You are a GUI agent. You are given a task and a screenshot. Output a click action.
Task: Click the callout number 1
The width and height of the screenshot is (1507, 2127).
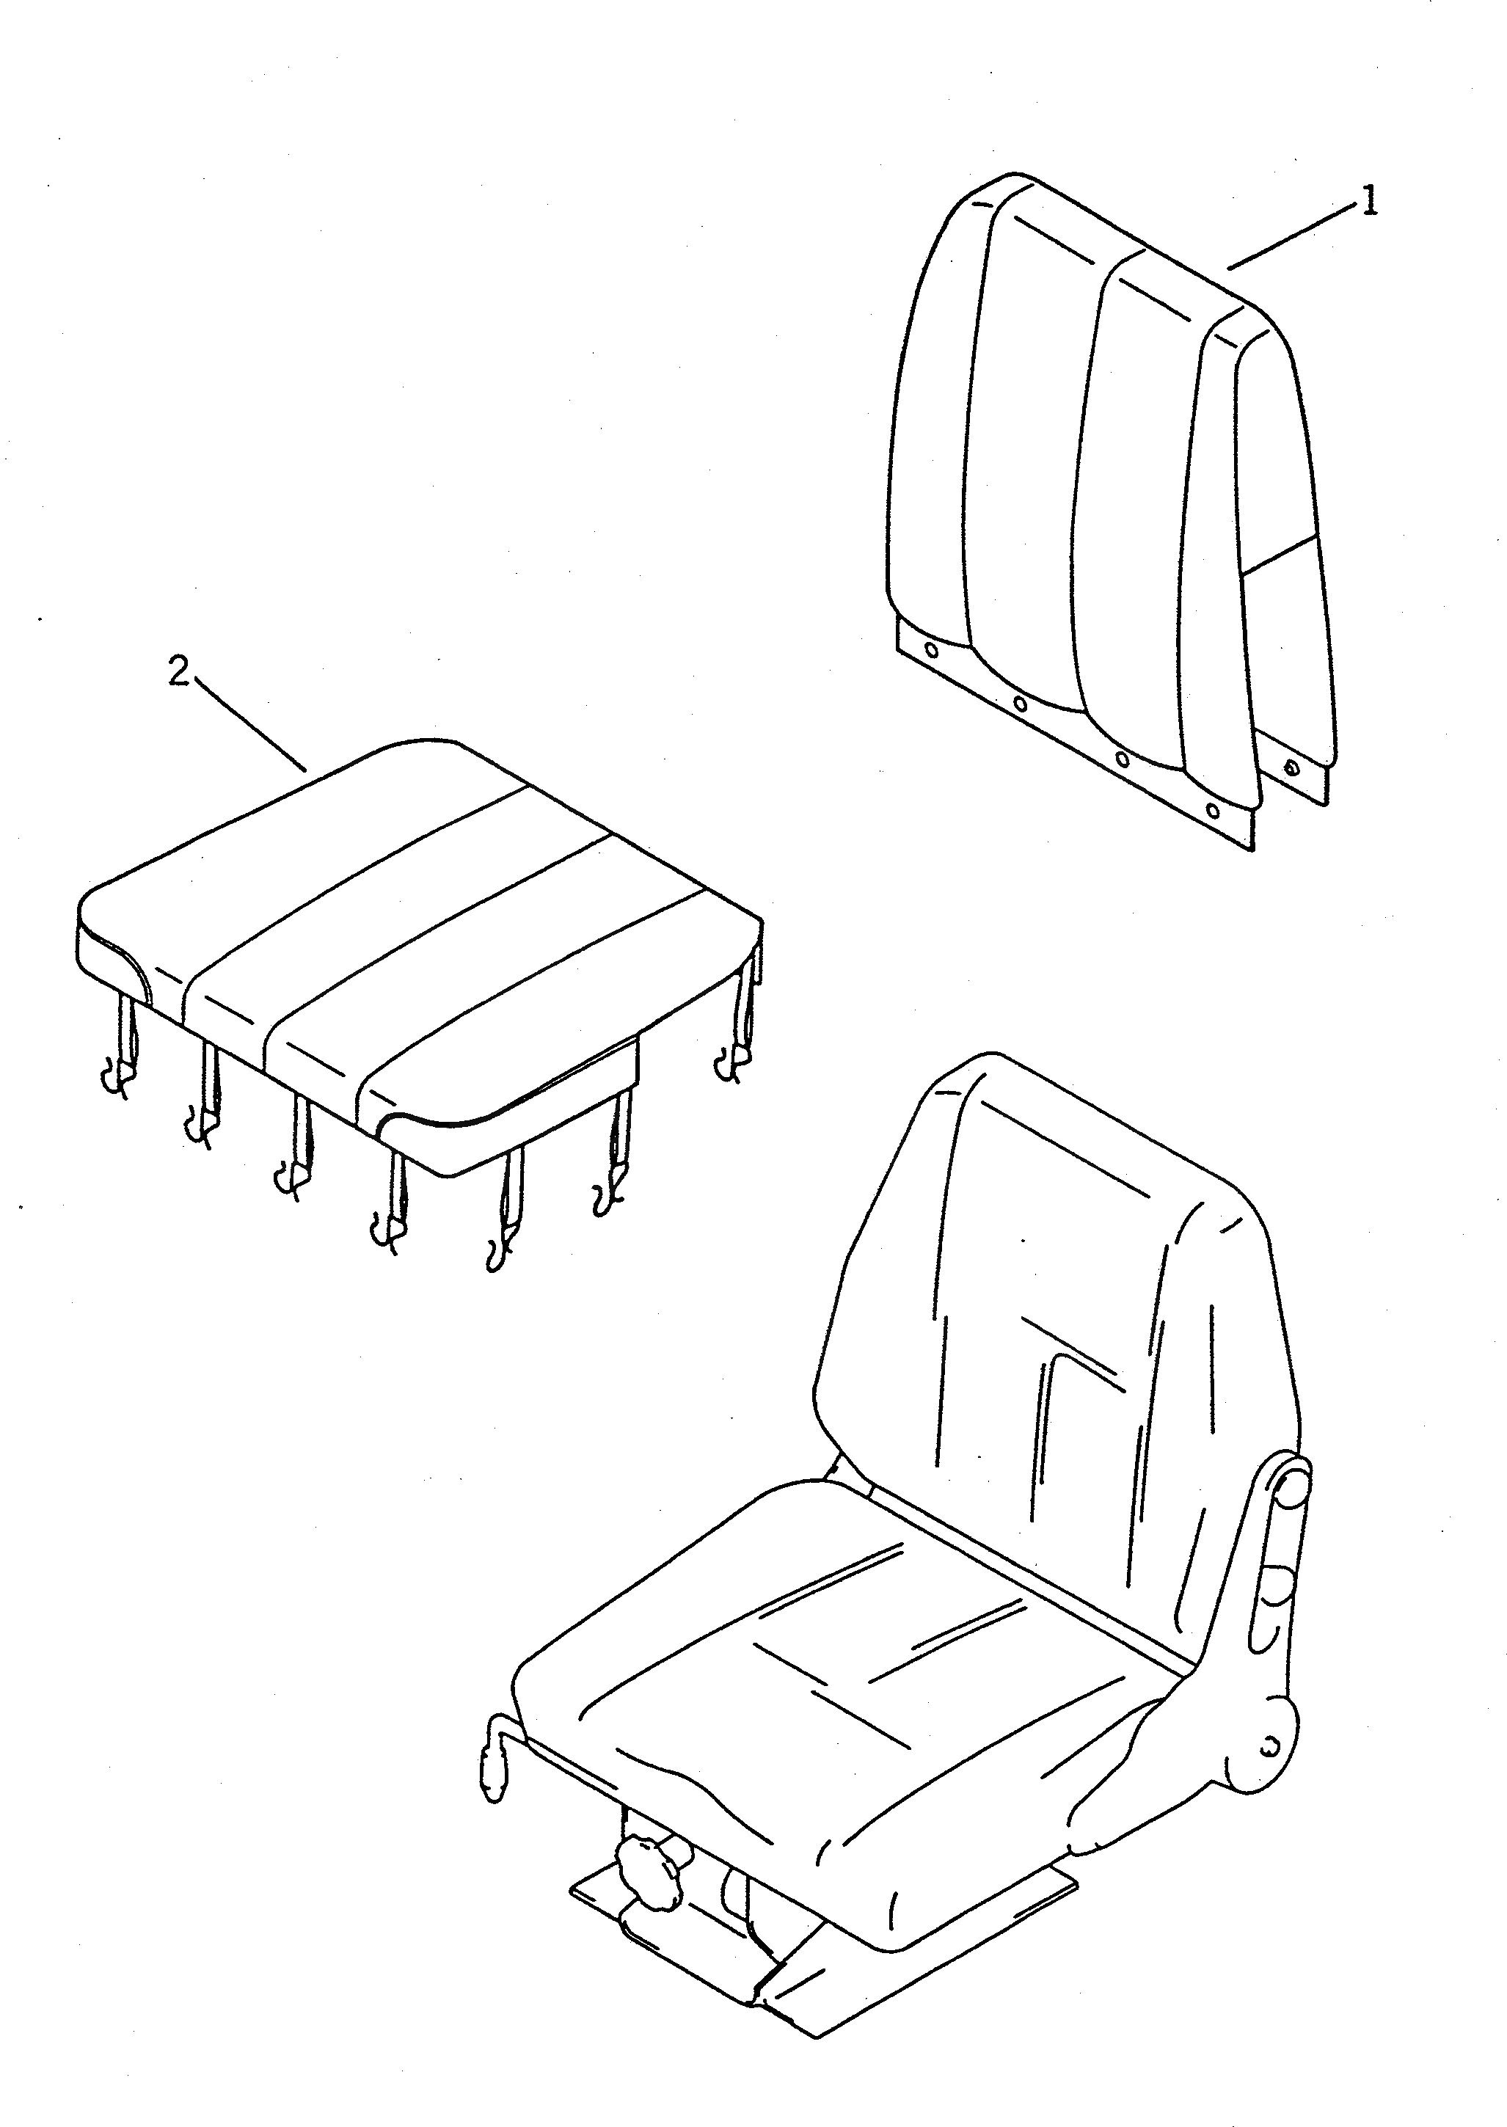(x=1369, y=200)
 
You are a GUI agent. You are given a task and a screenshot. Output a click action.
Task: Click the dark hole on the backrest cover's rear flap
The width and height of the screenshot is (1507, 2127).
(x=1290, y=767)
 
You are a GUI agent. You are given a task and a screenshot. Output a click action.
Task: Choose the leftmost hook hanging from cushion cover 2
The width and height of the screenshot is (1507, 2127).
(x=115, y=1080)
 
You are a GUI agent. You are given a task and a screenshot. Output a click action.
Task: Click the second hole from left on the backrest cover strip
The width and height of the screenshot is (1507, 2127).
(x=1020, y=704)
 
